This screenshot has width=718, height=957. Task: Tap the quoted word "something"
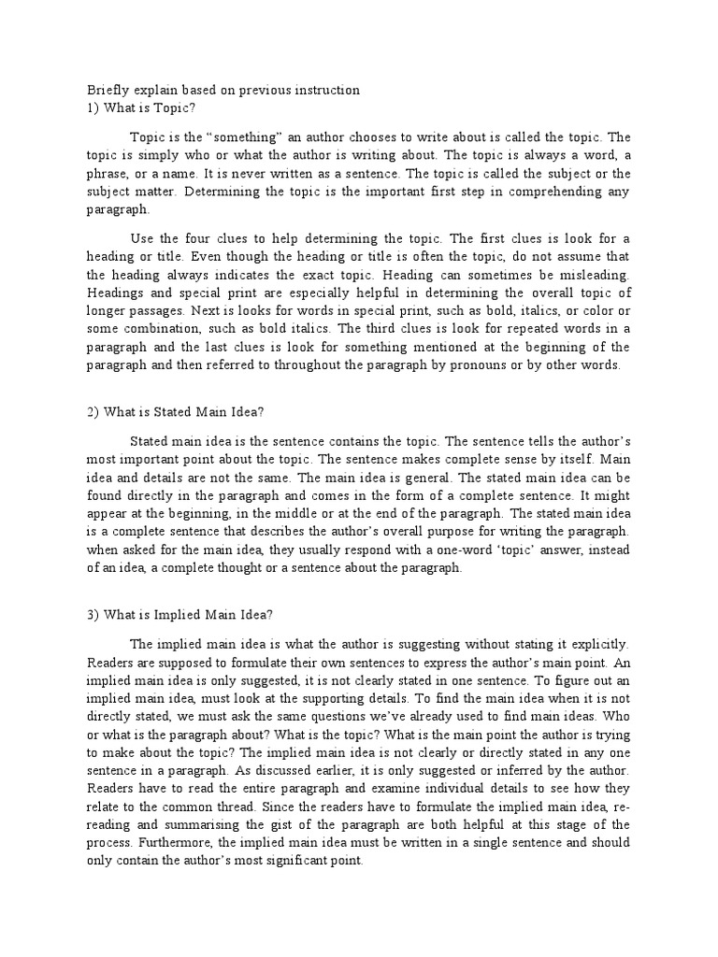(210, 137)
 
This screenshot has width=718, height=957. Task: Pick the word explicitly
(600, 644)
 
